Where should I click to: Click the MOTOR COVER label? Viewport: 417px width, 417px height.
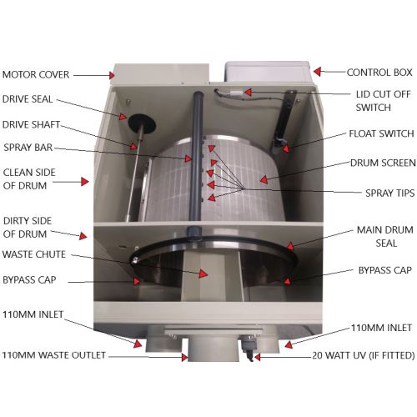[36, 74]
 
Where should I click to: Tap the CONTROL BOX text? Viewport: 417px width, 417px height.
[379, 73]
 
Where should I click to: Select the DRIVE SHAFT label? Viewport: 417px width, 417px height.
[31, 124]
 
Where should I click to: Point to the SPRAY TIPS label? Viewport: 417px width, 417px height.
[389, 193]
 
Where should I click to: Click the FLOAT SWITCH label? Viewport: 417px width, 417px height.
[381, 133]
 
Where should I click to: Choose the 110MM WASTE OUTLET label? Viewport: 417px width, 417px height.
[54, 355]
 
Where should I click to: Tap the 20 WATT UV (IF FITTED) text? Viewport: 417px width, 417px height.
[364, 355]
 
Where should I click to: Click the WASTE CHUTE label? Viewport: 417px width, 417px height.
[34, 254]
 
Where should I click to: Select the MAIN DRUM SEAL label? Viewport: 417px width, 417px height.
[385, 237]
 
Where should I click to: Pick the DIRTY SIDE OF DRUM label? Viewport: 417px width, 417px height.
[28, 228]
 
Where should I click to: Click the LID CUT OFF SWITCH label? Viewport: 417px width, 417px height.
[383, 101]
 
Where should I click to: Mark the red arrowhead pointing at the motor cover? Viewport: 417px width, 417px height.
[112, 75]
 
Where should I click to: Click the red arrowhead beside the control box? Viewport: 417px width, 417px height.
[317, 72]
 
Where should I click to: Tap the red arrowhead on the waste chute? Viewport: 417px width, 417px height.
[203, 274]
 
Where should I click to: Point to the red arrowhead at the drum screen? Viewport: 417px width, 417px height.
[264, 179]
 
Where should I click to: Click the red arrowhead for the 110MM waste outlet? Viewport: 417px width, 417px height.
[184, 357]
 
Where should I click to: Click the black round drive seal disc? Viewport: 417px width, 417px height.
[142, 123]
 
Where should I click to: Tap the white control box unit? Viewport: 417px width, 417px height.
[268, 72]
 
